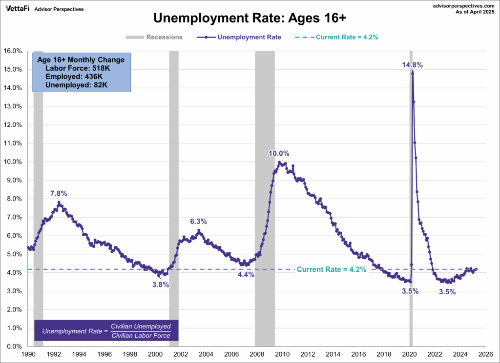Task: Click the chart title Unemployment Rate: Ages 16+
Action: coord(250,19)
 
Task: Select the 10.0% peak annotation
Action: coord(279,153)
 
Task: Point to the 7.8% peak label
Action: coord(59,193)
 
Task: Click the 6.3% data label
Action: coord(198,222)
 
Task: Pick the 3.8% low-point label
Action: coord(160,285)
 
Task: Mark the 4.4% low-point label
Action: coord(246,275)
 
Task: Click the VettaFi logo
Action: coord(18,9)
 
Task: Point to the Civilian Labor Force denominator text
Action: coord(141,336)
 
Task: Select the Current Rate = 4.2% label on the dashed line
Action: coord(331,269)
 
